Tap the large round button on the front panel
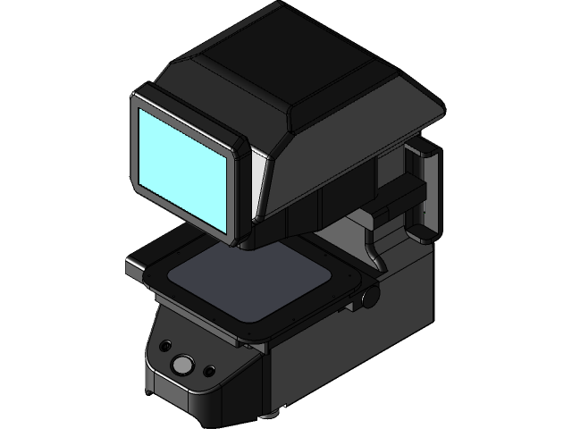click(x=182, y=365)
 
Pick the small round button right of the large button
click(x=209, y=370)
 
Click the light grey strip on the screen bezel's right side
click(x=255, y=179)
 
